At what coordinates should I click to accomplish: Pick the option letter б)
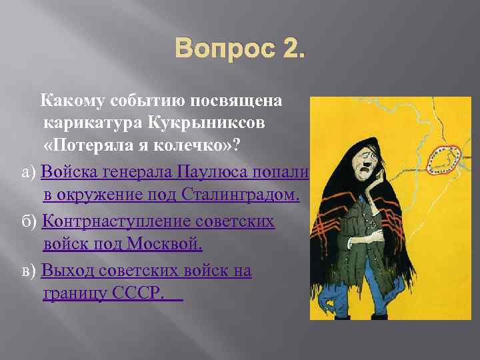coord(29,221)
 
